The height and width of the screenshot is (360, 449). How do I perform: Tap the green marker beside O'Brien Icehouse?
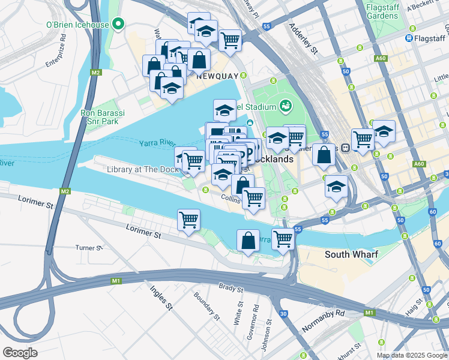click(x=119, y=25)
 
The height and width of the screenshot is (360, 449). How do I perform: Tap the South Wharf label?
click(x=351, y=254)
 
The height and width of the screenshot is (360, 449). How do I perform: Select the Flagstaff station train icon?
click(x=409, y=38)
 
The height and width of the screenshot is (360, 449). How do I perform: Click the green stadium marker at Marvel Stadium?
click(x=286, y=107)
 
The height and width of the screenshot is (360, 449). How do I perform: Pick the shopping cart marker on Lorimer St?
click(x=189, y=220)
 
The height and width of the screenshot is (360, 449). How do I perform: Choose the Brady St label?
click(x=231, y=289)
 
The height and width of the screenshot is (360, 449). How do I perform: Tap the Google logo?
click(x=20, y=353)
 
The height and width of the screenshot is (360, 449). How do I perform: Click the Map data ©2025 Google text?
click(x=412, y=355)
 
